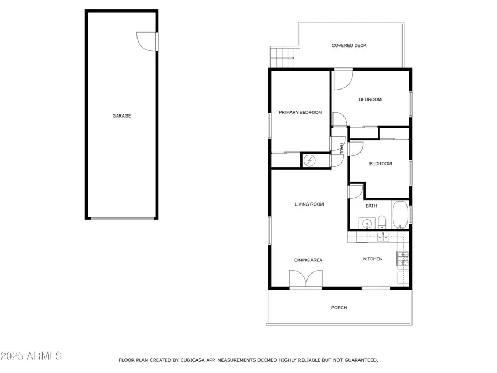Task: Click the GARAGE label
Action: [x=121, y=116]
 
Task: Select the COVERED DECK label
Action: [x=348, y=46]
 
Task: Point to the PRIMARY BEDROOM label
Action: [x=300, y=113]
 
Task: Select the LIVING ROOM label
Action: [x=309, y=204]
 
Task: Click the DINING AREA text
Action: [x=308, y=260]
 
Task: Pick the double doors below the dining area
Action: [x=305, y=280]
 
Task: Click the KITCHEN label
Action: [x=372, y=259]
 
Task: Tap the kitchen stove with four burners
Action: [x=403, y=257]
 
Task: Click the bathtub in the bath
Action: [x=400, y=215]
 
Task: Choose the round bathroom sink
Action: [x=366, y=224]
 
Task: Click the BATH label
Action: [x=371, y=206]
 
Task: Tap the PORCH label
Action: [x=339, y=308]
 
